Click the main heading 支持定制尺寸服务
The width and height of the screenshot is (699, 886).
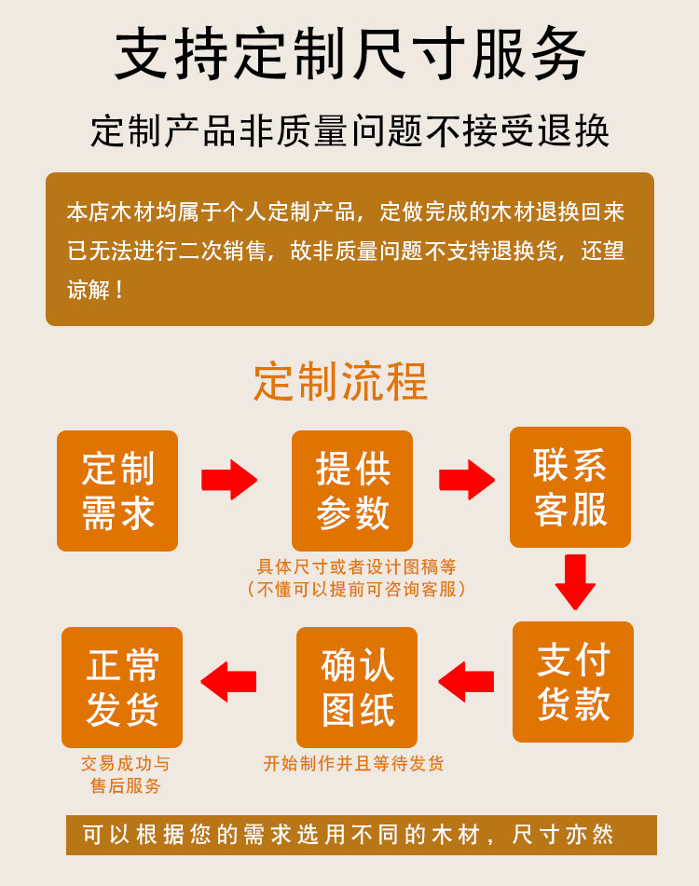click(349, 54)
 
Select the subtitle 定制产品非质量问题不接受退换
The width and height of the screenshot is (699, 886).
click(349, 131)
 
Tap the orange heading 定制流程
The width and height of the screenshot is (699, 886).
click(340, 381)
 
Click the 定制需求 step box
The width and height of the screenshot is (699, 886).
click(117, 491)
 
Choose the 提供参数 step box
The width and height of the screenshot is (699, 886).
click(352, 491)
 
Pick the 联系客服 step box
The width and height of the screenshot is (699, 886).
click(570, 487)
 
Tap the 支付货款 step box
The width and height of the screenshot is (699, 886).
click(573, 682)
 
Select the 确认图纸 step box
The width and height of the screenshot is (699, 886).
click(357, 688)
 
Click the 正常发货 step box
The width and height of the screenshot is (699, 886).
click(122, 688)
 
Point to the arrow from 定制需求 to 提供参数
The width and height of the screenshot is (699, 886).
click(229, 480)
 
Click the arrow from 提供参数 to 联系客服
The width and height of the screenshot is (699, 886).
click(467, 480)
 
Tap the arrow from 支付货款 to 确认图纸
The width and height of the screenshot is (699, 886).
click(466, 681)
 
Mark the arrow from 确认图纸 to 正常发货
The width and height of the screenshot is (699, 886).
click(229, 681)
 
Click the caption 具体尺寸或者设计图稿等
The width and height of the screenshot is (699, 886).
click(356, 566)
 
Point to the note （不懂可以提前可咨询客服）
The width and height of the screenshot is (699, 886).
click(356, 589)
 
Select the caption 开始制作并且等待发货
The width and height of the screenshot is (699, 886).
click(354, 764)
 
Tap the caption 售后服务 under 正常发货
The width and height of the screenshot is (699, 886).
click(126, 786)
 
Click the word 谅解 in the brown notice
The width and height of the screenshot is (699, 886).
click(88, 290)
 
